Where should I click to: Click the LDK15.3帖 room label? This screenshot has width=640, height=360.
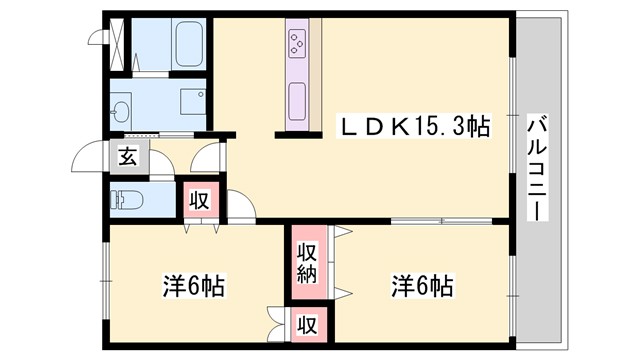point(415,128)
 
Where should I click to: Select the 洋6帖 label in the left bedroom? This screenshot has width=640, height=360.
point(192,286)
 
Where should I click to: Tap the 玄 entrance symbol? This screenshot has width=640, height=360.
point(128,158)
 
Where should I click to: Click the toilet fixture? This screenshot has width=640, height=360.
point(128,198)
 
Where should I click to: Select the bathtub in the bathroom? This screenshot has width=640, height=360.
point(188,44)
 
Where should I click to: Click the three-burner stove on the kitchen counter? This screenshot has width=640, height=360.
point(298,43)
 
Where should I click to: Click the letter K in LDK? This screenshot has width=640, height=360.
point(397,128)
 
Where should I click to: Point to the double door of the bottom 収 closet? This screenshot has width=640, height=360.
point(277,325)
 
